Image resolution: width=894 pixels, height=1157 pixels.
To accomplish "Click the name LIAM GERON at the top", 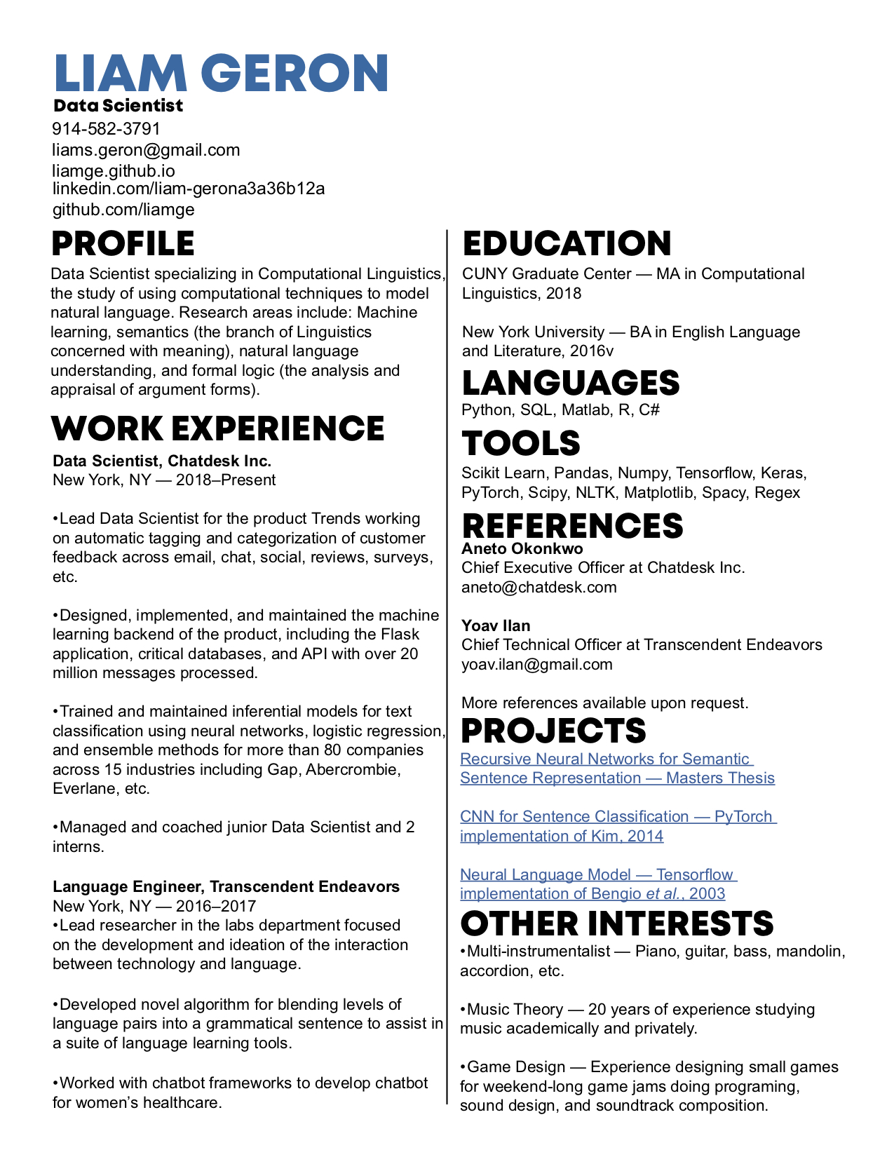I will tap(221, 73).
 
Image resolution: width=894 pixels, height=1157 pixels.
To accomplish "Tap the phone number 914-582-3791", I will tap(107, 129).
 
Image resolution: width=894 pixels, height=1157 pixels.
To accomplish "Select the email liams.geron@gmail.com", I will tap(146, 150).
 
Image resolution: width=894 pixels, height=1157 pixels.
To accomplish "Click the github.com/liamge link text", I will tap(123, 210).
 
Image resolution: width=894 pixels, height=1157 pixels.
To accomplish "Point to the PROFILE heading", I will tap(123, 244).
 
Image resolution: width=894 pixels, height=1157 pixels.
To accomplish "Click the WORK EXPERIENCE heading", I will tap(218, 428).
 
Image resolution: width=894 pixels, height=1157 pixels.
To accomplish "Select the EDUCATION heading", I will tap(567, 244).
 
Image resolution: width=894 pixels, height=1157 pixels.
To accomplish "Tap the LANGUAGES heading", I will tap(571, 383).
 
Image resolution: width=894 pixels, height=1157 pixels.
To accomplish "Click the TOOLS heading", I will tap(521, 443).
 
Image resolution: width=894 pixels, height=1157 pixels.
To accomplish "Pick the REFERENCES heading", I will tap(572, 526).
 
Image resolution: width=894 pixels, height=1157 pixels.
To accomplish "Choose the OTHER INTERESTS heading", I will tap(617, 923).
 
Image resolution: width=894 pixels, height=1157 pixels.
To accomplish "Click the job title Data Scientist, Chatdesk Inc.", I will tap(162, 461).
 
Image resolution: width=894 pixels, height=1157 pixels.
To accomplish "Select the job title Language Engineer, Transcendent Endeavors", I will tap(226, 886).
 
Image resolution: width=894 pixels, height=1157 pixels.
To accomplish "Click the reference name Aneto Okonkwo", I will tap(522, 548).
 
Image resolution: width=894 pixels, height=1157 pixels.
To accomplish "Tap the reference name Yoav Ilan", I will tap(496, 625).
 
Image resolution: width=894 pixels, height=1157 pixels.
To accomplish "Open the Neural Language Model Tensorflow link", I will tap(598, 884).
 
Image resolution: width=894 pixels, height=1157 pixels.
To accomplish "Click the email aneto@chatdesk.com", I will tap(539, 587).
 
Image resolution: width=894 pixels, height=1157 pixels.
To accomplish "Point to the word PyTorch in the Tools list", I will tap(490, 492).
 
